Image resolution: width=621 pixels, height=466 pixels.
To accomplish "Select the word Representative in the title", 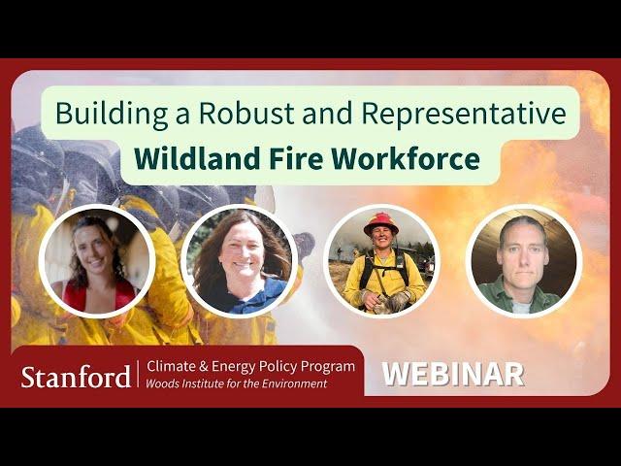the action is click(x=464, y=114).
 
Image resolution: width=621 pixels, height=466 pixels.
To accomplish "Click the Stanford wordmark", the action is click(x=76, y=377).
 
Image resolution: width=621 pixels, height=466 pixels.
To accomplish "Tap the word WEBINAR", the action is click(x=453, y=374).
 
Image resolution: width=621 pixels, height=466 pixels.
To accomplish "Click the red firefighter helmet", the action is click(x=381, y=223).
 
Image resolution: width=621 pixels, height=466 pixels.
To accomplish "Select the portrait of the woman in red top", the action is click(x=97, y=261).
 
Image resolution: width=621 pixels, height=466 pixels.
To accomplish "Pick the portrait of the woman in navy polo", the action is click(x=240, y=261).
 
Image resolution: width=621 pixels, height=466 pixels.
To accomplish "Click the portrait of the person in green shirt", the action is click(x=524, y=261).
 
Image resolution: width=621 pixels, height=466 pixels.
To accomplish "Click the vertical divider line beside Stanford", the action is click(x=138, y=374).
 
